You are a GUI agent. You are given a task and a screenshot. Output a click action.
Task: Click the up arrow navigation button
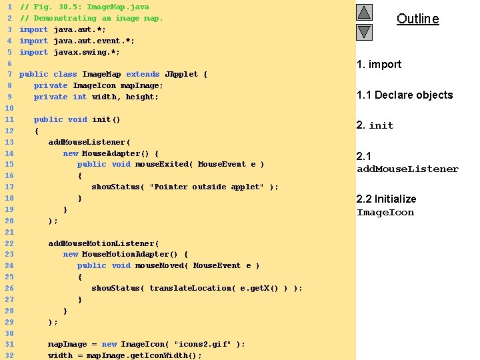[364, 13]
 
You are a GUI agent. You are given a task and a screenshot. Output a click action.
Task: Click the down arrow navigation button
[364, 31]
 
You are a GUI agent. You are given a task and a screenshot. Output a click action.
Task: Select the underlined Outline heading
[417, 19]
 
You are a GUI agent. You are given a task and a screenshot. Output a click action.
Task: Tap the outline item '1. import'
[379, 64]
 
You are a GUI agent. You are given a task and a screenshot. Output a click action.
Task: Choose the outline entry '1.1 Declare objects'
[405, 95]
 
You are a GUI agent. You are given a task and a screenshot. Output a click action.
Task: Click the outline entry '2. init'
[375, 125]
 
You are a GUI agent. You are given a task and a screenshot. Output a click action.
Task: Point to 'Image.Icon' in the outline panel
[385, 213]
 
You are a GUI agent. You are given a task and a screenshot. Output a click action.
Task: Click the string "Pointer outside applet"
[207, 187]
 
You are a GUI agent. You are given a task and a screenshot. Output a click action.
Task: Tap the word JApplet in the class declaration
[181, 74]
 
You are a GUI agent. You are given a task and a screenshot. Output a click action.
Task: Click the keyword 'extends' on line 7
[143, 74]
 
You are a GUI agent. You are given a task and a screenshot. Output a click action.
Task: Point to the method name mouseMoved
[159, 265]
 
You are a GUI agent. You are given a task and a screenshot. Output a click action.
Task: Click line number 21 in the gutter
[9, 232]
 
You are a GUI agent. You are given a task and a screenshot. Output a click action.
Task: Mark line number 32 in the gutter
[9, 355]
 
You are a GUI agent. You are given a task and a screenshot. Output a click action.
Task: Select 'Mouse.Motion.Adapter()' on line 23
[135, 254]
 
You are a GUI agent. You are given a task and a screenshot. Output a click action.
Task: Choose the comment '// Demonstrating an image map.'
[91, 18]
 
